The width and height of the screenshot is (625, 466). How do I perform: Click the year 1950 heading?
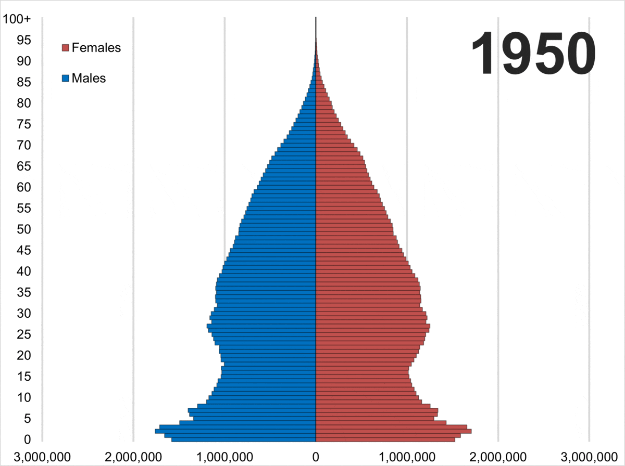(533, 54)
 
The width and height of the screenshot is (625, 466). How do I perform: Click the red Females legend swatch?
(65, 48)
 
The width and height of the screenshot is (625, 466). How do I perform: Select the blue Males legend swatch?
(65, 79)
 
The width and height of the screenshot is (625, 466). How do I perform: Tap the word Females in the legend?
(96, 48)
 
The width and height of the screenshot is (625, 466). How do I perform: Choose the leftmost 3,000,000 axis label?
(42, 456)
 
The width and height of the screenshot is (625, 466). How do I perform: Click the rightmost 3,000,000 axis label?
(589, 456)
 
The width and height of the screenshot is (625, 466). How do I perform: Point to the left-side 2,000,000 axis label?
(133, 456)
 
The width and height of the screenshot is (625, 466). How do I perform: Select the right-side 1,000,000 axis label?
(407, 456)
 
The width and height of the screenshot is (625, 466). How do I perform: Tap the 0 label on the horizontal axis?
(316, 456)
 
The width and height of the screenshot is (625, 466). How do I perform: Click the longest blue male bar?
(235, 431)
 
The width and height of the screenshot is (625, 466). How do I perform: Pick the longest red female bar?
(394, 431)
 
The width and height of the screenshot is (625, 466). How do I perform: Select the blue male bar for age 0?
(244, 440)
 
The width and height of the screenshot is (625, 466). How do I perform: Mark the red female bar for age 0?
(385, 440)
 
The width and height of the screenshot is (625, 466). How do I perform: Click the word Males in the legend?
(89, 79)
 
